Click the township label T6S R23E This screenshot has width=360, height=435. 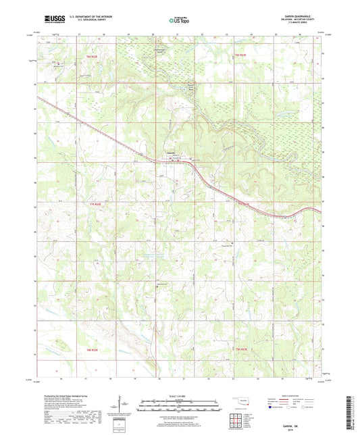pyautogui.click(x=241, y=53)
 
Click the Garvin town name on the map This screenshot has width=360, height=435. pyautogui.click(x=172, y=153)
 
